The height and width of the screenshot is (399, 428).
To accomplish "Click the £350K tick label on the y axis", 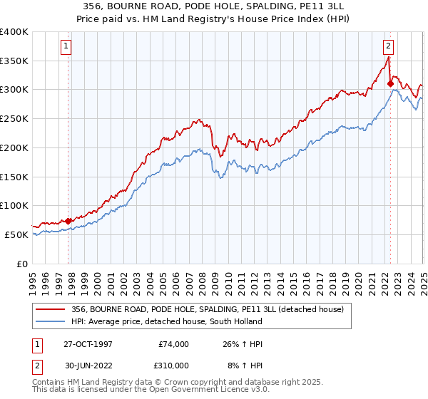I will point(14,61).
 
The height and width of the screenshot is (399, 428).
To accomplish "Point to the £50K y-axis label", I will point(17,234).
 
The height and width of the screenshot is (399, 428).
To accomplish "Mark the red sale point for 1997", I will point(68,221).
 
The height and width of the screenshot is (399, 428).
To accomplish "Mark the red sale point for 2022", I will point(390,84).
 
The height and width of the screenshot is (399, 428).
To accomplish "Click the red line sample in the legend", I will point(51,309).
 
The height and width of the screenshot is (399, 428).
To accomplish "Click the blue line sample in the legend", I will point(51,321).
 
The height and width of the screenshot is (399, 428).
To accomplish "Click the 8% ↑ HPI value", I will point(244,365).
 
